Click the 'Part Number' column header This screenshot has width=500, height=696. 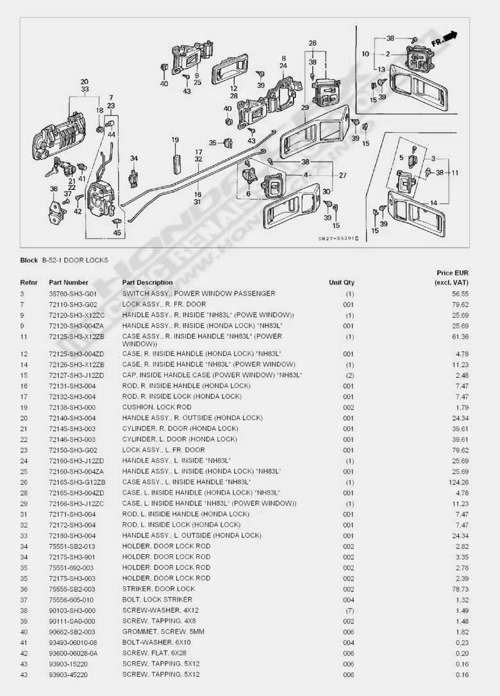tap(69, 282)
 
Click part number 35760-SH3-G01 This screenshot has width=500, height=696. tap(72, 293)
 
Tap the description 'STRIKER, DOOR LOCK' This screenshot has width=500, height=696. tap(158, 589)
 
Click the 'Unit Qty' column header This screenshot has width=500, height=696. tap(342, 282)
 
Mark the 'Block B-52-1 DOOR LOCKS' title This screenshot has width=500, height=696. tap(64, 260)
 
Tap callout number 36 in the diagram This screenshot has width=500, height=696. tap(54, 189)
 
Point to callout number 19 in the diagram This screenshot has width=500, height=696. tap(175, 140)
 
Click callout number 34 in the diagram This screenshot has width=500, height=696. tap(133, 158)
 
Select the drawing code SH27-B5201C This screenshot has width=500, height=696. tap(338, 239)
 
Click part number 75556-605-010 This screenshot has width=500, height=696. tap(72, 600)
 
